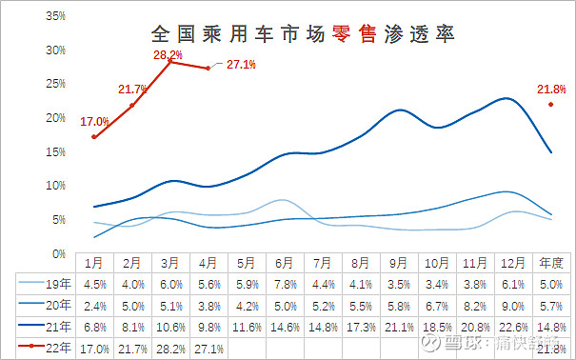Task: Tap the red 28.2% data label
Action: click(x=168, y=55)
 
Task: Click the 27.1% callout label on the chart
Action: click(x=242, y=65)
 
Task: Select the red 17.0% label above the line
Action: click(x=94, y=122)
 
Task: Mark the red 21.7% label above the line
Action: click(x=132, y=90)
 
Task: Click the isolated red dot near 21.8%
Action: click(x=551, y=105)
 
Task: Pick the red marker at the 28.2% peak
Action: click(x=169, y=61)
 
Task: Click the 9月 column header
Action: click(x=400, y=262)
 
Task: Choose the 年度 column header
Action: click(x=552, y=262)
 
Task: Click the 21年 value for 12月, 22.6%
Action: click(x=514, y=327)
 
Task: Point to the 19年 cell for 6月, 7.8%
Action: click(x=284, y=284)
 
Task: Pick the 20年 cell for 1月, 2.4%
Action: click(x=94, y=306)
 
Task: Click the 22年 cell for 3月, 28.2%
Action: click(x=169, y=349)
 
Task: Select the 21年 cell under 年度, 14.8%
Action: click(x=552, y=327)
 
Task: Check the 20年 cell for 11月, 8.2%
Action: click(x=476, y=306)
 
